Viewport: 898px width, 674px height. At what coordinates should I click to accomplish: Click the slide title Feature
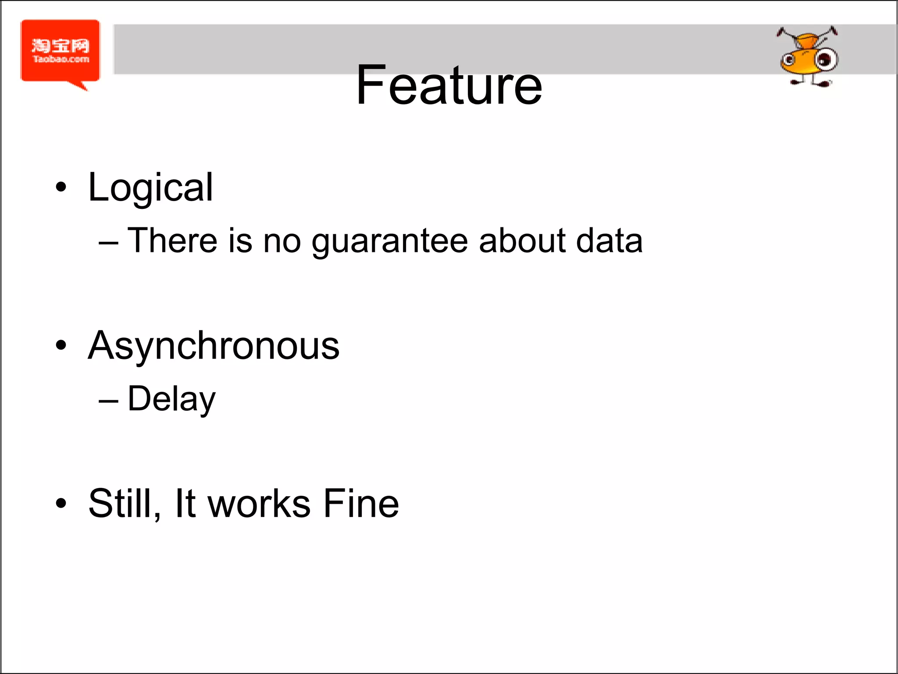[449, 85]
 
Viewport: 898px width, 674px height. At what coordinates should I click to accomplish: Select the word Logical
[150, 188]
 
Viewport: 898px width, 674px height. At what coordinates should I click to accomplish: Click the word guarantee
[390, 241]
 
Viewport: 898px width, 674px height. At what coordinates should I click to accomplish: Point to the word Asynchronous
[214, 346]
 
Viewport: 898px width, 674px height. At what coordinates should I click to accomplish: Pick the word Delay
[171, 399]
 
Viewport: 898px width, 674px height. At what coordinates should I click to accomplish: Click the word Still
[124, 503]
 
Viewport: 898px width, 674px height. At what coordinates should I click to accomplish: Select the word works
[259, 503]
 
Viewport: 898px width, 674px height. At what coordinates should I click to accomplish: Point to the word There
[172, 241]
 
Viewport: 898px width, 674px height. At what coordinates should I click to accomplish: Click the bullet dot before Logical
[61, 187]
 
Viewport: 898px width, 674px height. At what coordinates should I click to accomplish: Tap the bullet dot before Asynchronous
[61, 345]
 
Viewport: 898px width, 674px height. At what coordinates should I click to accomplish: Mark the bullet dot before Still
[61, 503]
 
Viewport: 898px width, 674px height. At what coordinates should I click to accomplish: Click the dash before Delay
[108, 401]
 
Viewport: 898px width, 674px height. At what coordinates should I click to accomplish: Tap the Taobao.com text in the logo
[61, 59]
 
